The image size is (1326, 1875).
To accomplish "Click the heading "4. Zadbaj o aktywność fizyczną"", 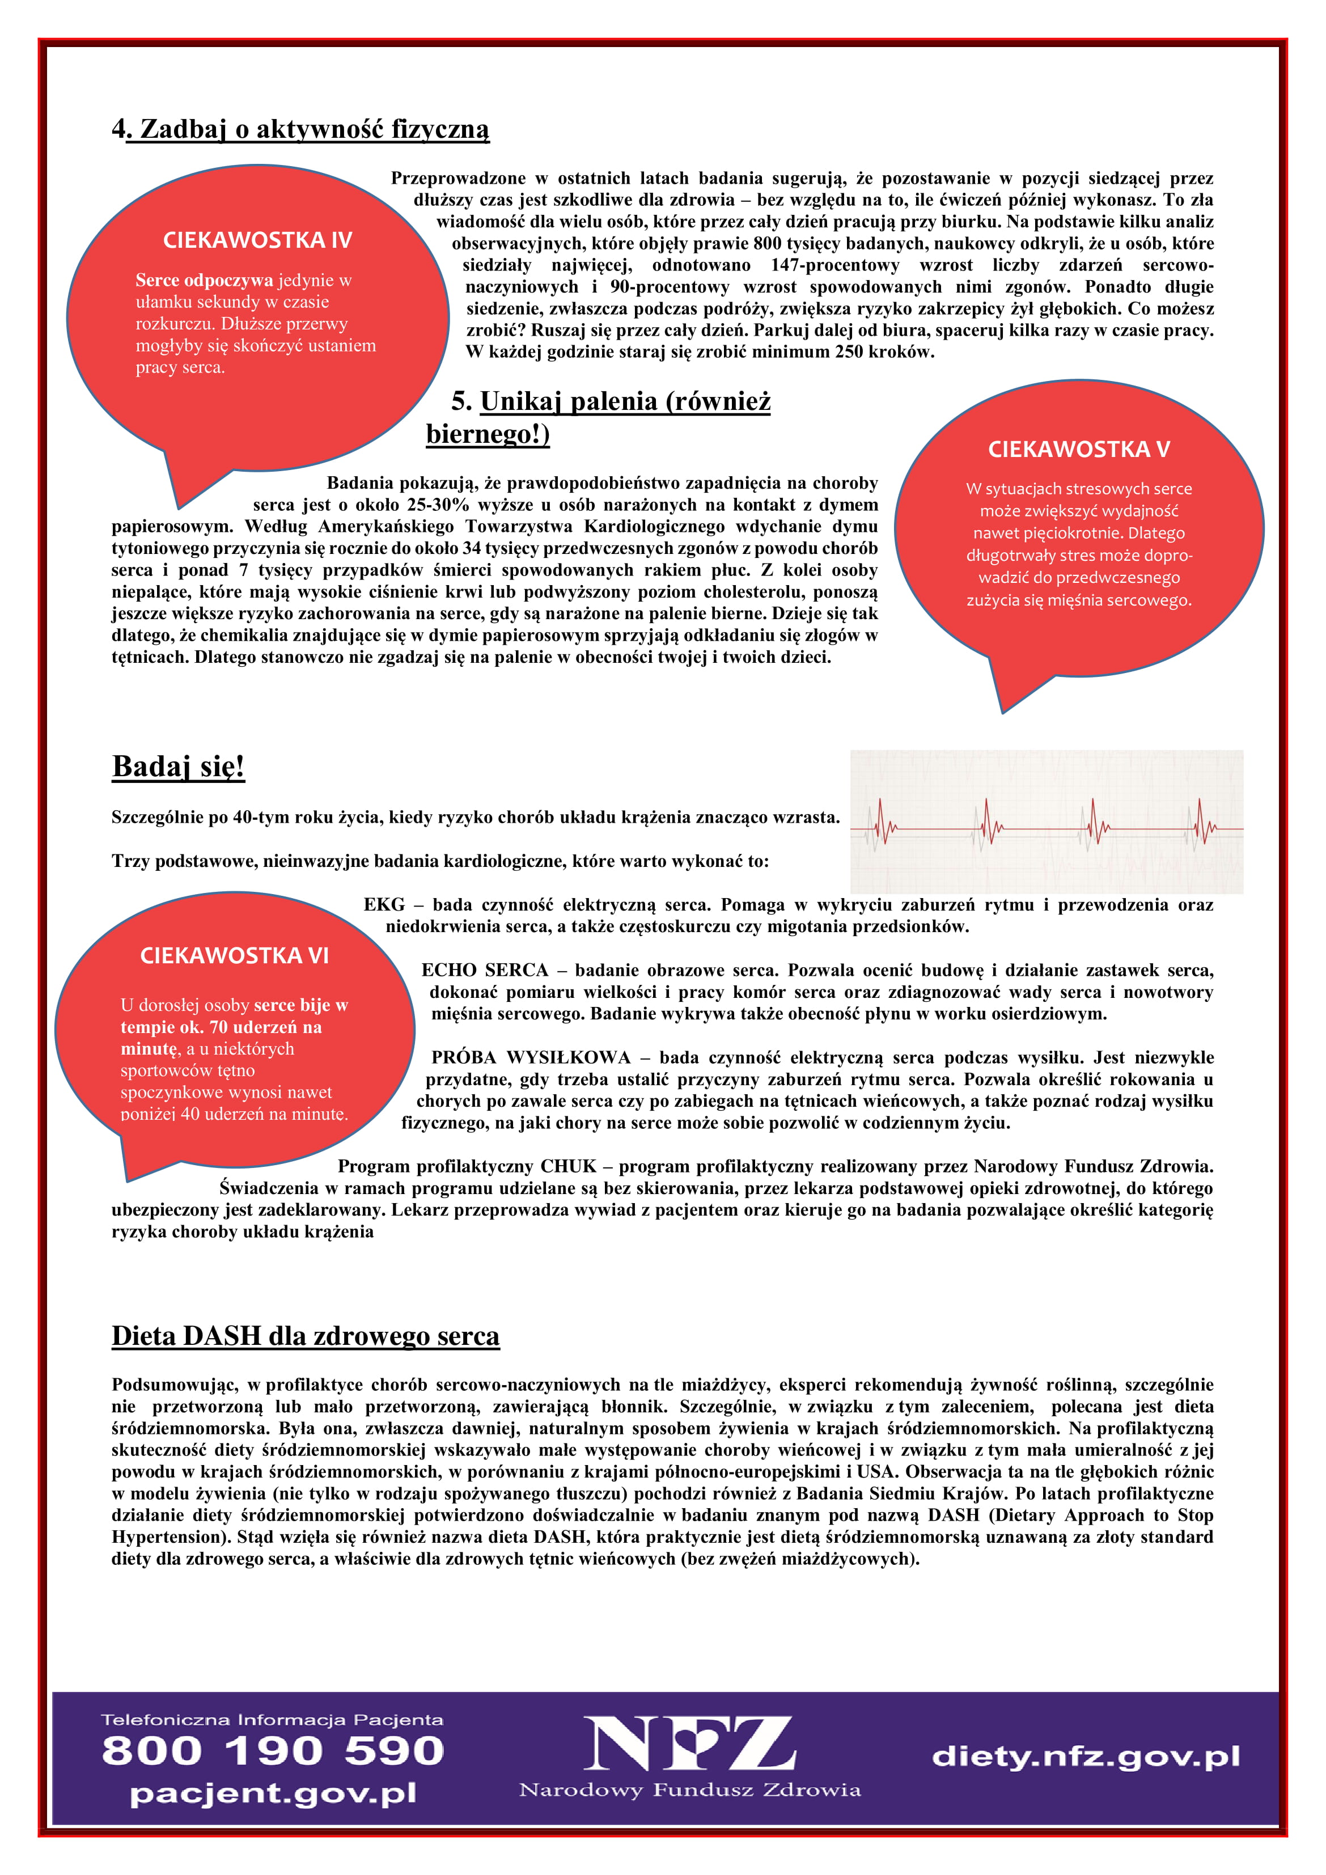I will (300, 129).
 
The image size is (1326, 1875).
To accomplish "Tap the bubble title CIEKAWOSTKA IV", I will (257, 240).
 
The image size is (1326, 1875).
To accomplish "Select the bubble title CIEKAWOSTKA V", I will (1079, 449).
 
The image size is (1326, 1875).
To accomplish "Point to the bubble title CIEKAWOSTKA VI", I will (234, 955).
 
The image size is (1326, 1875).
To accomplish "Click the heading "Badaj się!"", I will (178, 767).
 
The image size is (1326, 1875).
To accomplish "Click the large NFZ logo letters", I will (690, 1745).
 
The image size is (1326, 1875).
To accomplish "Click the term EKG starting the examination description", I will (384, 905).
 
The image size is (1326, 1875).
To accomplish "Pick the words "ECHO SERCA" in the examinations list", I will (484, 970).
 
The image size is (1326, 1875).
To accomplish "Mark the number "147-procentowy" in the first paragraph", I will (834, 265).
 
